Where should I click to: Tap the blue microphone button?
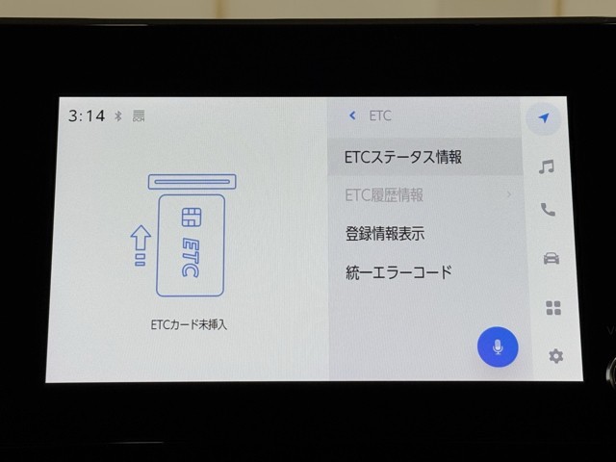coord(498,346)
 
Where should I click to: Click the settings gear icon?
coord(555,356)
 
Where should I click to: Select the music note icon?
coord(547,167)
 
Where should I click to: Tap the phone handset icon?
coord(548,210)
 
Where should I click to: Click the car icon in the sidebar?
coord(552,259)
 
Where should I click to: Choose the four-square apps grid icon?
coord(553,308)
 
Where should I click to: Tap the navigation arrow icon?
coord(544,117)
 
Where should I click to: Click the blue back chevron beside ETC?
coord(352,115)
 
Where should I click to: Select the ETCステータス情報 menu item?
coord(403,157)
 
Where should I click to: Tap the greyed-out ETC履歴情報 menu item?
coord(384,194)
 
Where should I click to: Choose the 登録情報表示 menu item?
coord(385,233)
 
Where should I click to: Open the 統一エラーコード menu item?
coord(398,272)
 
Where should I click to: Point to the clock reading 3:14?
coord(87,115)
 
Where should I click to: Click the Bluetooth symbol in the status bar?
coord(117,115)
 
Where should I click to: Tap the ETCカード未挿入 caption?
coord(189,324)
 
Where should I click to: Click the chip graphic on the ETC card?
coord(192,218)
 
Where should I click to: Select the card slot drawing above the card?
coord(192,182)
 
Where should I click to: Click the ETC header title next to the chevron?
coord(380,115)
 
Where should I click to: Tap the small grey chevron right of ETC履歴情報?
coord(509,194)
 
